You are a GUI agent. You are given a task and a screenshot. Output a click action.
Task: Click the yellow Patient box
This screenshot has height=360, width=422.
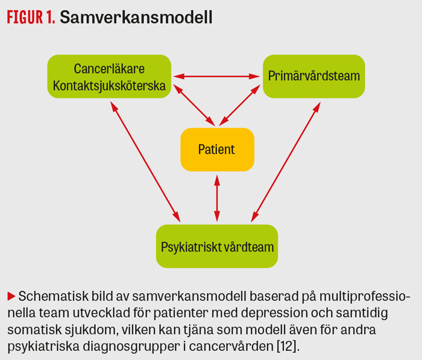pyautogui.click(x=217, y=150)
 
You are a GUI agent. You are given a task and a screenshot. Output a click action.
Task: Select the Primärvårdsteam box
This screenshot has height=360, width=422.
pyautogui.click(x=314, y=77)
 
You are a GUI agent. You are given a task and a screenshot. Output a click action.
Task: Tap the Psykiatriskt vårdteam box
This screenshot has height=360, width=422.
pyautogui.click(x=217, y=246)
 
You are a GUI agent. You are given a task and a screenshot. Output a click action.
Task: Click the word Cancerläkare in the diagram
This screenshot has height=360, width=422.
pyautogui.click(x=109, y=69)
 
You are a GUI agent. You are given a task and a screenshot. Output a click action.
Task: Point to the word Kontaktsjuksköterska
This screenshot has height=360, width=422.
pyautogui.click(x=109, y=86)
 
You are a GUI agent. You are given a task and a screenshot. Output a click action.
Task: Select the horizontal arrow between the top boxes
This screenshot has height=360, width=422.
pyautogui.click(x=216, y=77)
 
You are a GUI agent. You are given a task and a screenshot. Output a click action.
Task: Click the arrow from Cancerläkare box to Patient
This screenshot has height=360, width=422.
pyautogui.click(x=194, y=106)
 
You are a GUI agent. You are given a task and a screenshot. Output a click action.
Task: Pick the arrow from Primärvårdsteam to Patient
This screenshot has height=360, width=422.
pyautogui.click(x=239, y=106)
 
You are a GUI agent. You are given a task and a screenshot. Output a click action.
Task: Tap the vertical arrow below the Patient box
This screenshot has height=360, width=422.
pyautogui.click(x=217, y=198)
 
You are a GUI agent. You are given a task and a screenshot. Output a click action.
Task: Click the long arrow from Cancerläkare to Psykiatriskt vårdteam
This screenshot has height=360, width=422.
pyautogui.click(x=145, y=162)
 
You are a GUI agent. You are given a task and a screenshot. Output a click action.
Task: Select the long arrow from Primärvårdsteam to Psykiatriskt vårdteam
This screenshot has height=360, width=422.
pyautogui.click(x=286, y=162)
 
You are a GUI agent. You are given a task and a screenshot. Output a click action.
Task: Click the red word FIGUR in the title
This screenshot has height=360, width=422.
pyautogui.click(x=25, y=17)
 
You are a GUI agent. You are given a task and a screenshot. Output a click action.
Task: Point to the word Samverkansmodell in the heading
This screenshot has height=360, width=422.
pyautogui.click(x=136, y=17)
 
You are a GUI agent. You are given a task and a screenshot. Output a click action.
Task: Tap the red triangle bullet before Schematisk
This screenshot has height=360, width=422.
pyautogui.click(x=11, y=296)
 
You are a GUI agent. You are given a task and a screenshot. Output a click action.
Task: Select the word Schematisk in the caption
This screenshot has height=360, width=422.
pyautogui.click(x=53, y=296)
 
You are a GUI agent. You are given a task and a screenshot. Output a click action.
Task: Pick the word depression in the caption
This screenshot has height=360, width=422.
pyautogui.click(x=274, y=314)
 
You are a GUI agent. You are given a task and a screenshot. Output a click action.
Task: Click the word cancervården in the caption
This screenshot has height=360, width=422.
pyautogui.click(x=231, y=346)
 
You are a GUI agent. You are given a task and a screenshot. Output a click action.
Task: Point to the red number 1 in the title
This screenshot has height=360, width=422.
pyautogui.click(x=51, y=17)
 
